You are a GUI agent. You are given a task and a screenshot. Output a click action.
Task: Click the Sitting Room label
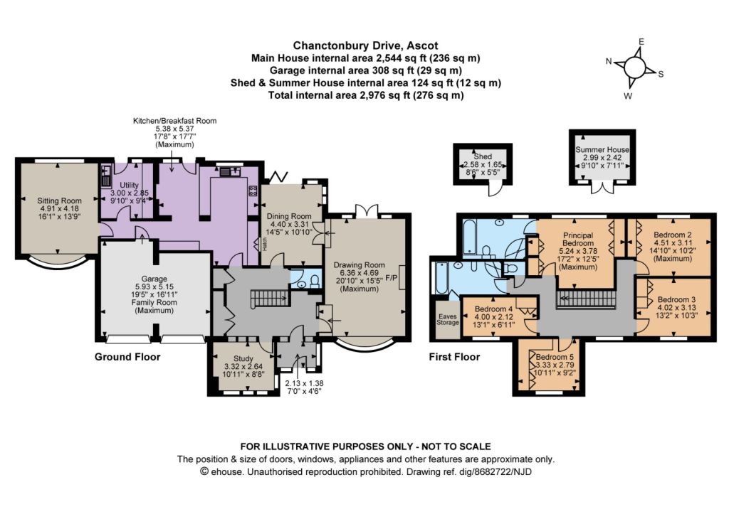click(x=60, y=200)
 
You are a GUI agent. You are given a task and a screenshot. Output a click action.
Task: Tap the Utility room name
click(x=130, y=185)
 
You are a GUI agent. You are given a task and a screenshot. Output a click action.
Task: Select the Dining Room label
click(x=289, y=216)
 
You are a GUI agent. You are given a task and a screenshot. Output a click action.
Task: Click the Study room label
click(x=243, y=358)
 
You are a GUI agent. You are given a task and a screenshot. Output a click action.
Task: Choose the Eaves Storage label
click(x=447, y=319)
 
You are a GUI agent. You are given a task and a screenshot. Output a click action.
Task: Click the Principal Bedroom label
click(x=578, y=239)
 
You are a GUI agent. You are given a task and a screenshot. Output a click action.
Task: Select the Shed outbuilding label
click(x=483, y=156)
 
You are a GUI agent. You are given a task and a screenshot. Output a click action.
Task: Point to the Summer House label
click(x=602, y=149)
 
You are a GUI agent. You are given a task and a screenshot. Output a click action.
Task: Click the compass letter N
click(x=609, y=61)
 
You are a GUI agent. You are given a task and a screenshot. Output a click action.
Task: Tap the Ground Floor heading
click(x=127, y=357)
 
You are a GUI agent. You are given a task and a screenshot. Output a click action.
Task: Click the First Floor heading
click(x=454, y=357)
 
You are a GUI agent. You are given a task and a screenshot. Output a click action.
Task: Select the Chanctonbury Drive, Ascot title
click(x=365, y=45)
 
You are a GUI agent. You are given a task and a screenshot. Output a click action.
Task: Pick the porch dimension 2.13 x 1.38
click(x=304, y=383)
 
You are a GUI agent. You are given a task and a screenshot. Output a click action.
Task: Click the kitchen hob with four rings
click(x=253, y=191)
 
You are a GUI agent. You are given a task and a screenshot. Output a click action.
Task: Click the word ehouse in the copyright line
click(x=226, y=472)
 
